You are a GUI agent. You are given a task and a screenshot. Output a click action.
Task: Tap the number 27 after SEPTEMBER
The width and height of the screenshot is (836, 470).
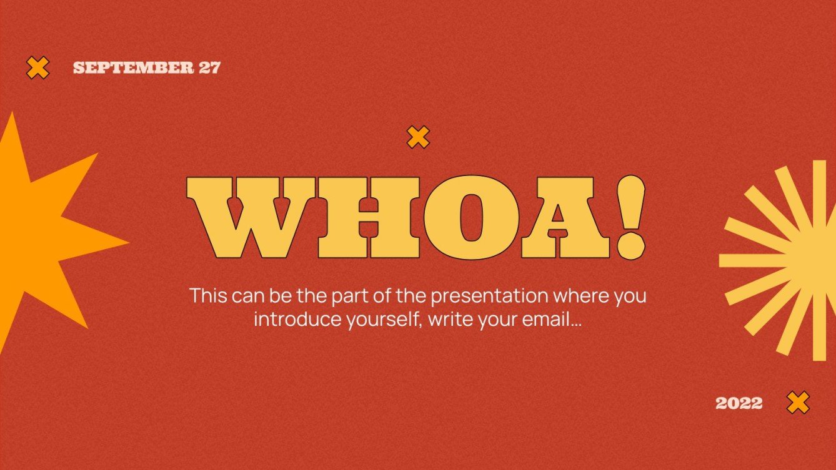point(210,68)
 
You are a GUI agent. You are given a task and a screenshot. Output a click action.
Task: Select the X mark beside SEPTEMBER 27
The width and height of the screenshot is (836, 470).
point(38,67)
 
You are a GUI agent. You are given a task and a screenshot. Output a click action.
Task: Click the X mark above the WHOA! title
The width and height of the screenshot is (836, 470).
point(418,137)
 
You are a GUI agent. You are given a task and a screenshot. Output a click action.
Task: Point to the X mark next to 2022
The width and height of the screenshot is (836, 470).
point(798,403)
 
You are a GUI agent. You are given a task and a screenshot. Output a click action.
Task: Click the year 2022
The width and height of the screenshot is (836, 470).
point(739,403)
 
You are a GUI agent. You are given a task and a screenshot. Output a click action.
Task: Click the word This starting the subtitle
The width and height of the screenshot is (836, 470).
point(209,295)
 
